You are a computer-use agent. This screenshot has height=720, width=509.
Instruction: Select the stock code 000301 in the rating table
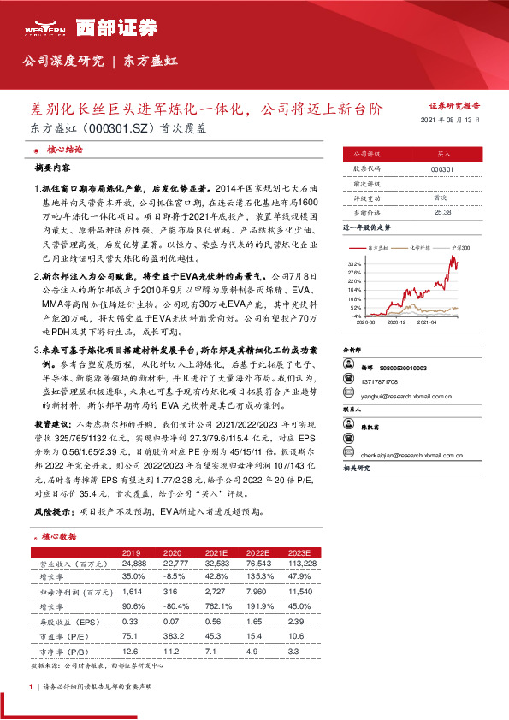[442, 169]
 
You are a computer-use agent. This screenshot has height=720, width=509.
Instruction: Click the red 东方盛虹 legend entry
[379, 246]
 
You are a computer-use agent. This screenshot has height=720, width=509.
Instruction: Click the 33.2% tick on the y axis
[355, 266]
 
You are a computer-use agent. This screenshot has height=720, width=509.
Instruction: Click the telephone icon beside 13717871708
[352, 381]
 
